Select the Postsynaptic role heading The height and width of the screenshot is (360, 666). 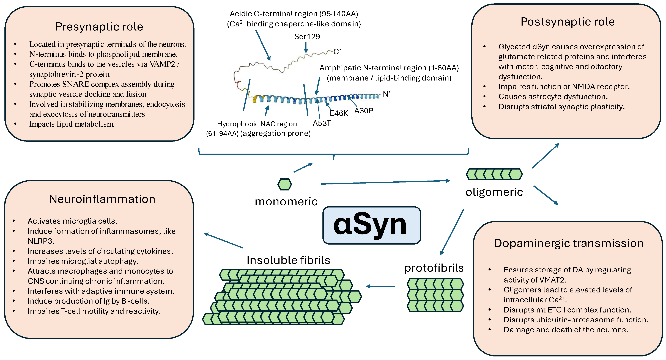(568, 22)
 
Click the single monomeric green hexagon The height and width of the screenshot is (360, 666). (284, 185)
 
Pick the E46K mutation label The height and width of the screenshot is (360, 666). (339, 113)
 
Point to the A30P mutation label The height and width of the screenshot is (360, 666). (363, 111)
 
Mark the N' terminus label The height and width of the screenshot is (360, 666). (387, 94)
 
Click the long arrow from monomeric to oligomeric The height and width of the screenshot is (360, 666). (385, 182)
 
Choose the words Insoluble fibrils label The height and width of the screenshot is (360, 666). (288, 260)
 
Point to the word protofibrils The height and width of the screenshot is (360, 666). (434, 268)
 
